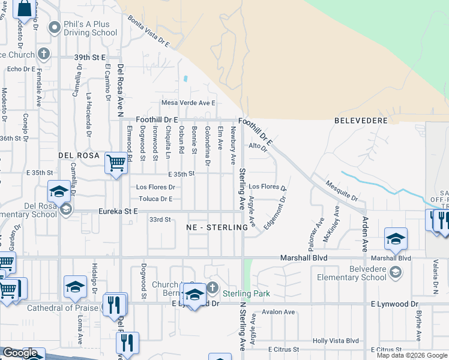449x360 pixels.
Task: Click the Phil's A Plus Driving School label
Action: [x=91, y=28]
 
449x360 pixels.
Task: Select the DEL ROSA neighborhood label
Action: [x=79, y=155]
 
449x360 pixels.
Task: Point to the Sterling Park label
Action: [x=246, y=293]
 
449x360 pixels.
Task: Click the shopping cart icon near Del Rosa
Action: [x=115, y=163]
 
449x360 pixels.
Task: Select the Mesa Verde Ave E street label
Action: [x=188, y=103]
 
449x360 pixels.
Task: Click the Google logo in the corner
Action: [x=20, y=353]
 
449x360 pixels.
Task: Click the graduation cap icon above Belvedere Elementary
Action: [x=396, y=240]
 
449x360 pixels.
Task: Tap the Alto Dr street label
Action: [x=257, y=146]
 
